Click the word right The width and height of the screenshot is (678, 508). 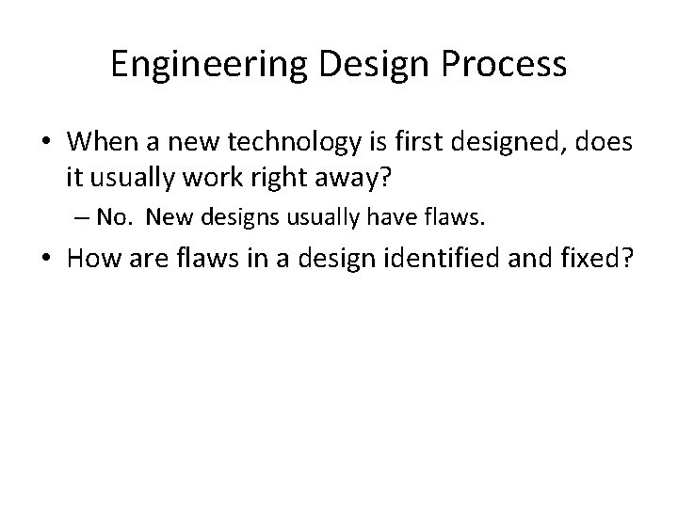click(x=275, y=176)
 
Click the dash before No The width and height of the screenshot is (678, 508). click(x=84, y=219)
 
